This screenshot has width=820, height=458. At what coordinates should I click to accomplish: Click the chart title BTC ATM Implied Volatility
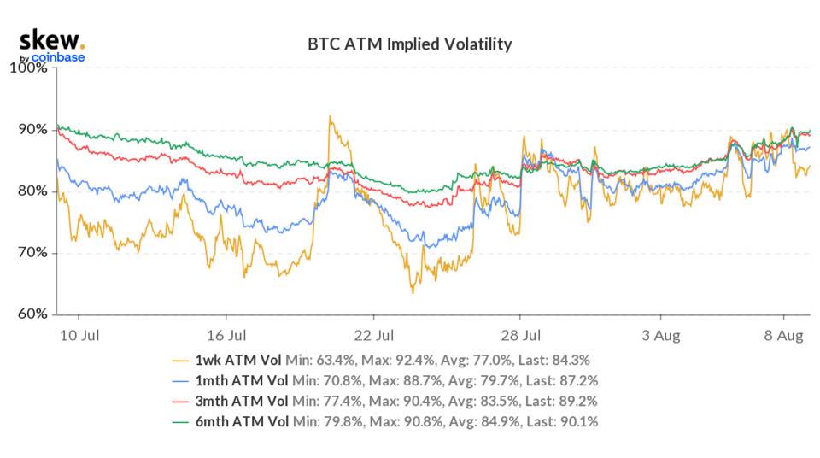[x=409, y=44]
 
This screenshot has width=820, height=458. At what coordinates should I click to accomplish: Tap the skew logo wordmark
[x=51, y=40]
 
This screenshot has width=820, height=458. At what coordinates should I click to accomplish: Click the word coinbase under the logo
[x=58, y=57]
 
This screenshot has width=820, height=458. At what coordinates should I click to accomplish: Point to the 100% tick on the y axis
[x=28, y=68]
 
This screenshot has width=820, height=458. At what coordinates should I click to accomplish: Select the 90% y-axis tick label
[x=32, y=130]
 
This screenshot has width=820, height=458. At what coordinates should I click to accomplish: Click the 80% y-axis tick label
[x=32, y=191]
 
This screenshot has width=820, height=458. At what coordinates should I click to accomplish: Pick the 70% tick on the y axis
[x=32, y=253]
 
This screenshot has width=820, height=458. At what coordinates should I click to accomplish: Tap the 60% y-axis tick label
[x=32, y=314]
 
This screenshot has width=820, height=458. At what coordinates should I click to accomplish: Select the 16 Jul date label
[x=227, y=335]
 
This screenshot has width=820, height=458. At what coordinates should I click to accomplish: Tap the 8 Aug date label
[x=782, y=335]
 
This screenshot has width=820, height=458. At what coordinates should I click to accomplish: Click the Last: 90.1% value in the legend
[x=565, y=421]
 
